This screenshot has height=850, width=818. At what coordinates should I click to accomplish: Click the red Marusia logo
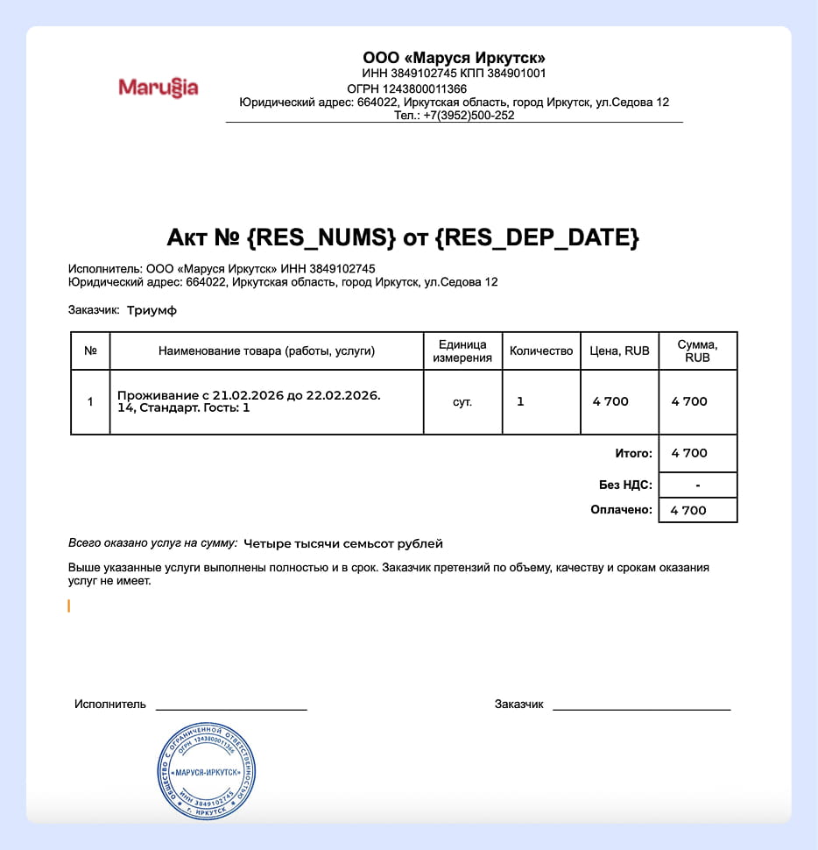point(158,88)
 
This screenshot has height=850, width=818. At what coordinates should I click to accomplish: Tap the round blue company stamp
point(207,772)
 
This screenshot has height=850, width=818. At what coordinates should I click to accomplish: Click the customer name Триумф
point(152,310)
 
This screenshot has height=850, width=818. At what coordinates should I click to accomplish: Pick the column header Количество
point(541,351)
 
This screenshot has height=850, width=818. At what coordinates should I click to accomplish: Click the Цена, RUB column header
point(619,351)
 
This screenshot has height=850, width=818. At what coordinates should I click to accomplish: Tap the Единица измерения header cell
point(462,351)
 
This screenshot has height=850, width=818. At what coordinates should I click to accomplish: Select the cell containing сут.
point(462,402)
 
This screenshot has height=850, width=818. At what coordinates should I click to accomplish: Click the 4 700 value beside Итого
point(689,453)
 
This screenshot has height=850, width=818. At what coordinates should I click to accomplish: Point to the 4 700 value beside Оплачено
point(688,510)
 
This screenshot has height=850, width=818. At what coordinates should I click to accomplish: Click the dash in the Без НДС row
point(697,485)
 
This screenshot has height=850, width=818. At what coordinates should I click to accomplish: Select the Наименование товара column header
point(266,351)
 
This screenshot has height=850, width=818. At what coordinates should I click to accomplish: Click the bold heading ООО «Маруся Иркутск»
point(454,58)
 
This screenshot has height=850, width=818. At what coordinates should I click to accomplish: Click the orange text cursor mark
point(69,606)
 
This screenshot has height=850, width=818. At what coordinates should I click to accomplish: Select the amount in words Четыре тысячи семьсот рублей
point(343,544)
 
